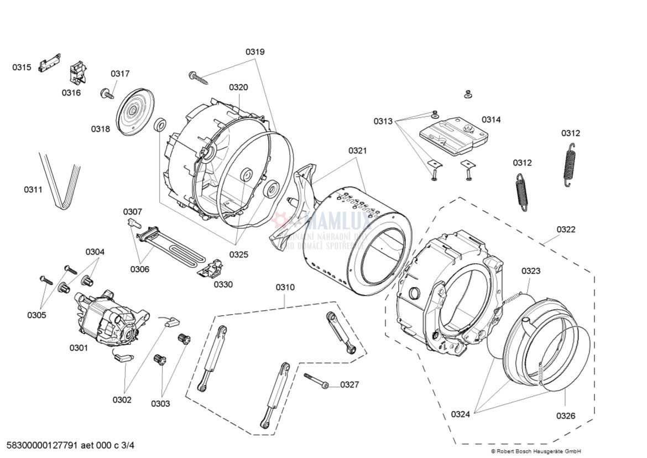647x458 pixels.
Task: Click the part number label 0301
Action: coord(79,348)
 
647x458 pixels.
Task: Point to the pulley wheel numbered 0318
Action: coord(134,112)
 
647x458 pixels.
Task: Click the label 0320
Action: coord(238,87)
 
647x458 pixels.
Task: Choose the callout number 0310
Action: coord(285,287)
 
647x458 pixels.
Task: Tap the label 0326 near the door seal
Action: coord(565,416)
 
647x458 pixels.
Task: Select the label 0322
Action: coord(566,229)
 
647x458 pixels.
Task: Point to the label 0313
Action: coord(383,121)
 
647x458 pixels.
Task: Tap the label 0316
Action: coord(71,92)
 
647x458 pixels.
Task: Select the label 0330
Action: coord(223,284)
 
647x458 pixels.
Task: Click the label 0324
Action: coord(460,414)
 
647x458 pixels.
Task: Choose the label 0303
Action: coord(160,403)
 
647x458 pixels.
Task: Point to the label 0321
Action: coord(357,150)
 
